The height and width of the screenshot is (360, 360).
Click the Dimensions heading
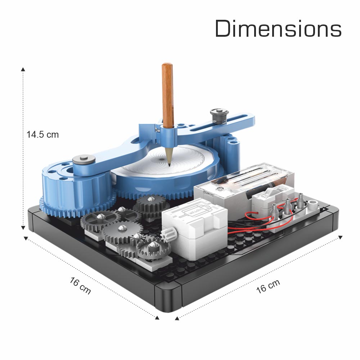tap(278, 28)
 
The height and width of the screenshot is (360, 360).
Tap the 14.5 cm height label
tap(43, 135)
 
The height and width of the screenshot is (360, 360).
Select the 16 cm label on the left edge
tap(80, 285)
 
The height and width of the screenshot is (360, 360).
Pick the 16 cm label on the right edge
tap(268, 286)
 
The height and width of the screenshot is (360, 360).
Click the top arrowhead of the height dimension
tap(23, 69)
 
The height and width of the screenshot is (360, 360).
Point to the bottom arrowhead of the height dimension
tap(23, 228)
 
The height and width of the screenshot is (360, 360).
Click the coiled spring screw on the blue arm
tap(219, 116)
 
